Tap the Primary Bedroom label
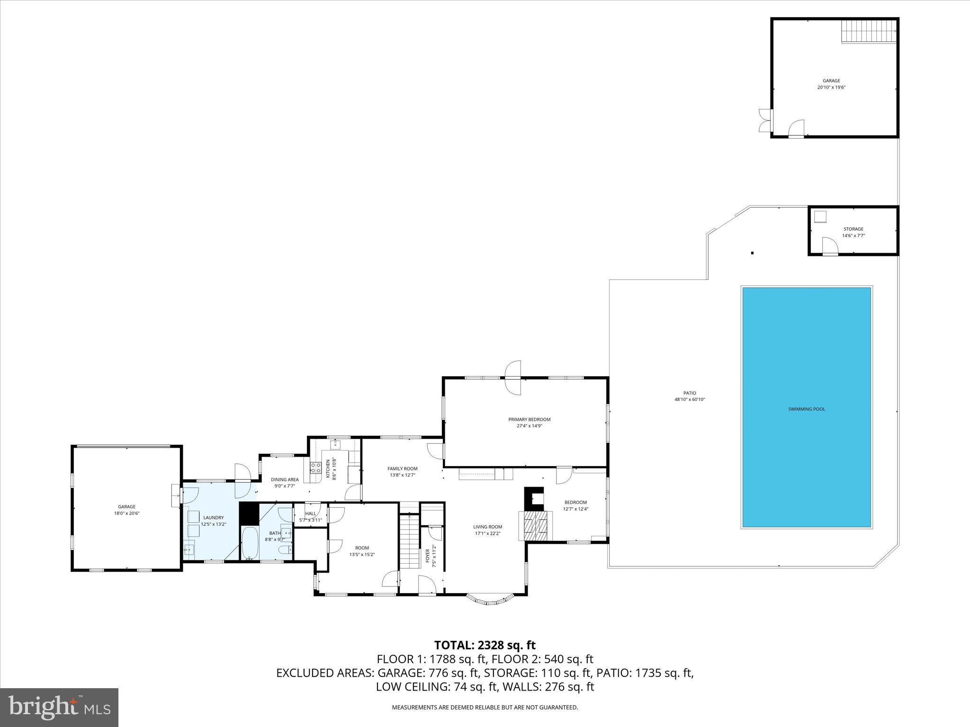tap(529, 419)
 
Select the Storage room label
tap(853, 229)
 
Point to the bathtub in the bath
tap(250, 543)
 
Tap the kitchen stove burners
tap(315, 468)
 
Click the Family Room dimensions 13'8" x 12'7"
tap(402, 475)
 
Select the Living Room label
tap(487, 527)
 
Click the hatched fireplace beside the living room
tap(535, 525)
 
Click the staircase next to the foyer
tap(409, 542)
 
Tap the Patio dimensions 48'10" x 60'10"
tap(690, 399)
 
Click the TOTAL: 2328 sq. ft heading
tap(485, 645)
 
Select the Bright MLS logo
tap(59, 707)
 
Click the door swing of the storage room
tap(829, 246)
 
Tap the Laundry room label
tap(213, 518)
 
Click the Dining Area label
tap(285, 479)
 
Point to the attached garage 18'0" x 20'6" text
tap(126, 513)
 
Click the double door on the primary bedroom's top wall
tap(513, 377)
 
